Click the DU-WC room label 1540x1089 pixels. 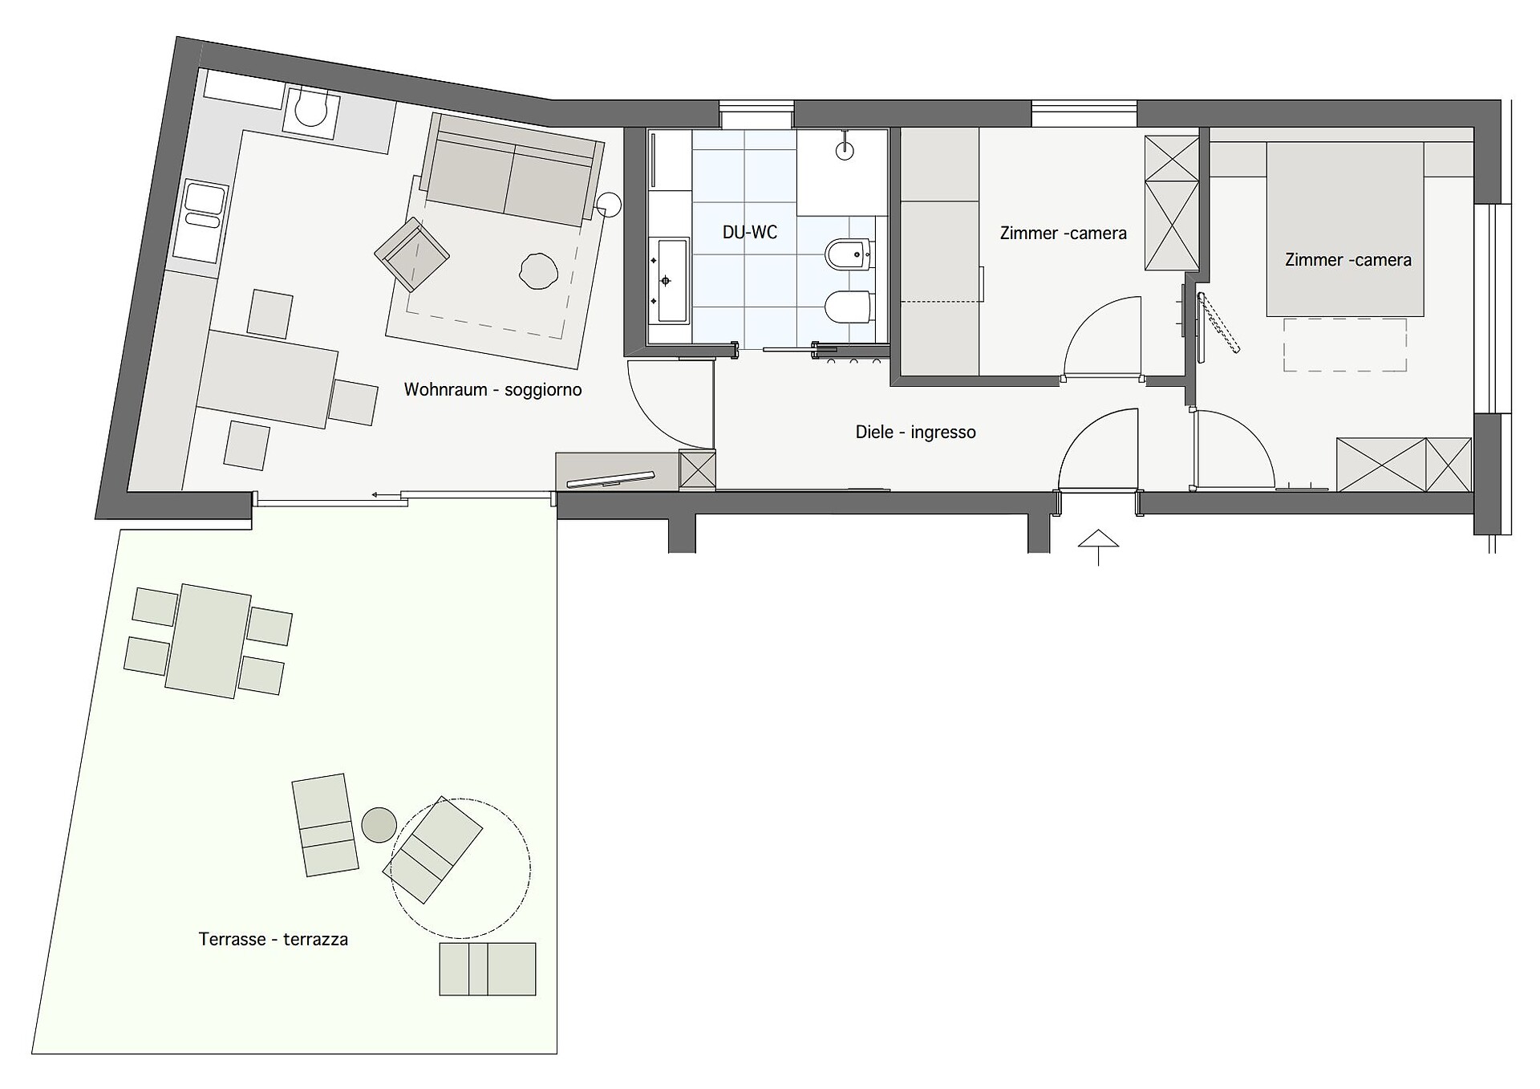click(749, 233)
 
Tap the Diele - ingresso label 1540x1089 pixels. click(915, 433)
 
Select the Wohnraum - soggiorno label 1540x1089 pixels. click(492, 390)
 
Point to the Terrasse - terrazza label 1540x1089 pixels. click(273, 939)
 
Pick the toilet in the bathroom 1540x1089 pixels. click(849, 306)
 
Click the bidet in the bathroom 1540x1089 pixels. click(849, 255)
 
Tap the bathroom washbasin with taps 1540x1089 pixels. click(667, 280)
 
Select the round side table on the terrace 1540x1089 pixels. click(379, 824)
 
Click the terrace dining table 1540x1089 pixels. click(209, 641)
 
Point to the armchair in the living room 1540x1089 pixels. click(412, 254)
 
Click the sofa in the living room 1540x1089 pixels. click(513, 171)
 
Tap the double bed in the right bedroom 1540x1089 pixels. click(1345, 230)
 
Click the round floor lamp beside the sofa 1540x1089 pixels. click(608, 206)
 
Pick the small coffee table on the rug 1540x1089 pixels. click(538, 271)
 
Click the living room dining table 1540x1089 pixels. click(268, 379)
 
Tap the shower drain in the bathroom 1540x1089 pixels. click(845, 149)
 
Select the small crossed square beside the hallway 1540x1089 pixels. click(697, 469)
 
